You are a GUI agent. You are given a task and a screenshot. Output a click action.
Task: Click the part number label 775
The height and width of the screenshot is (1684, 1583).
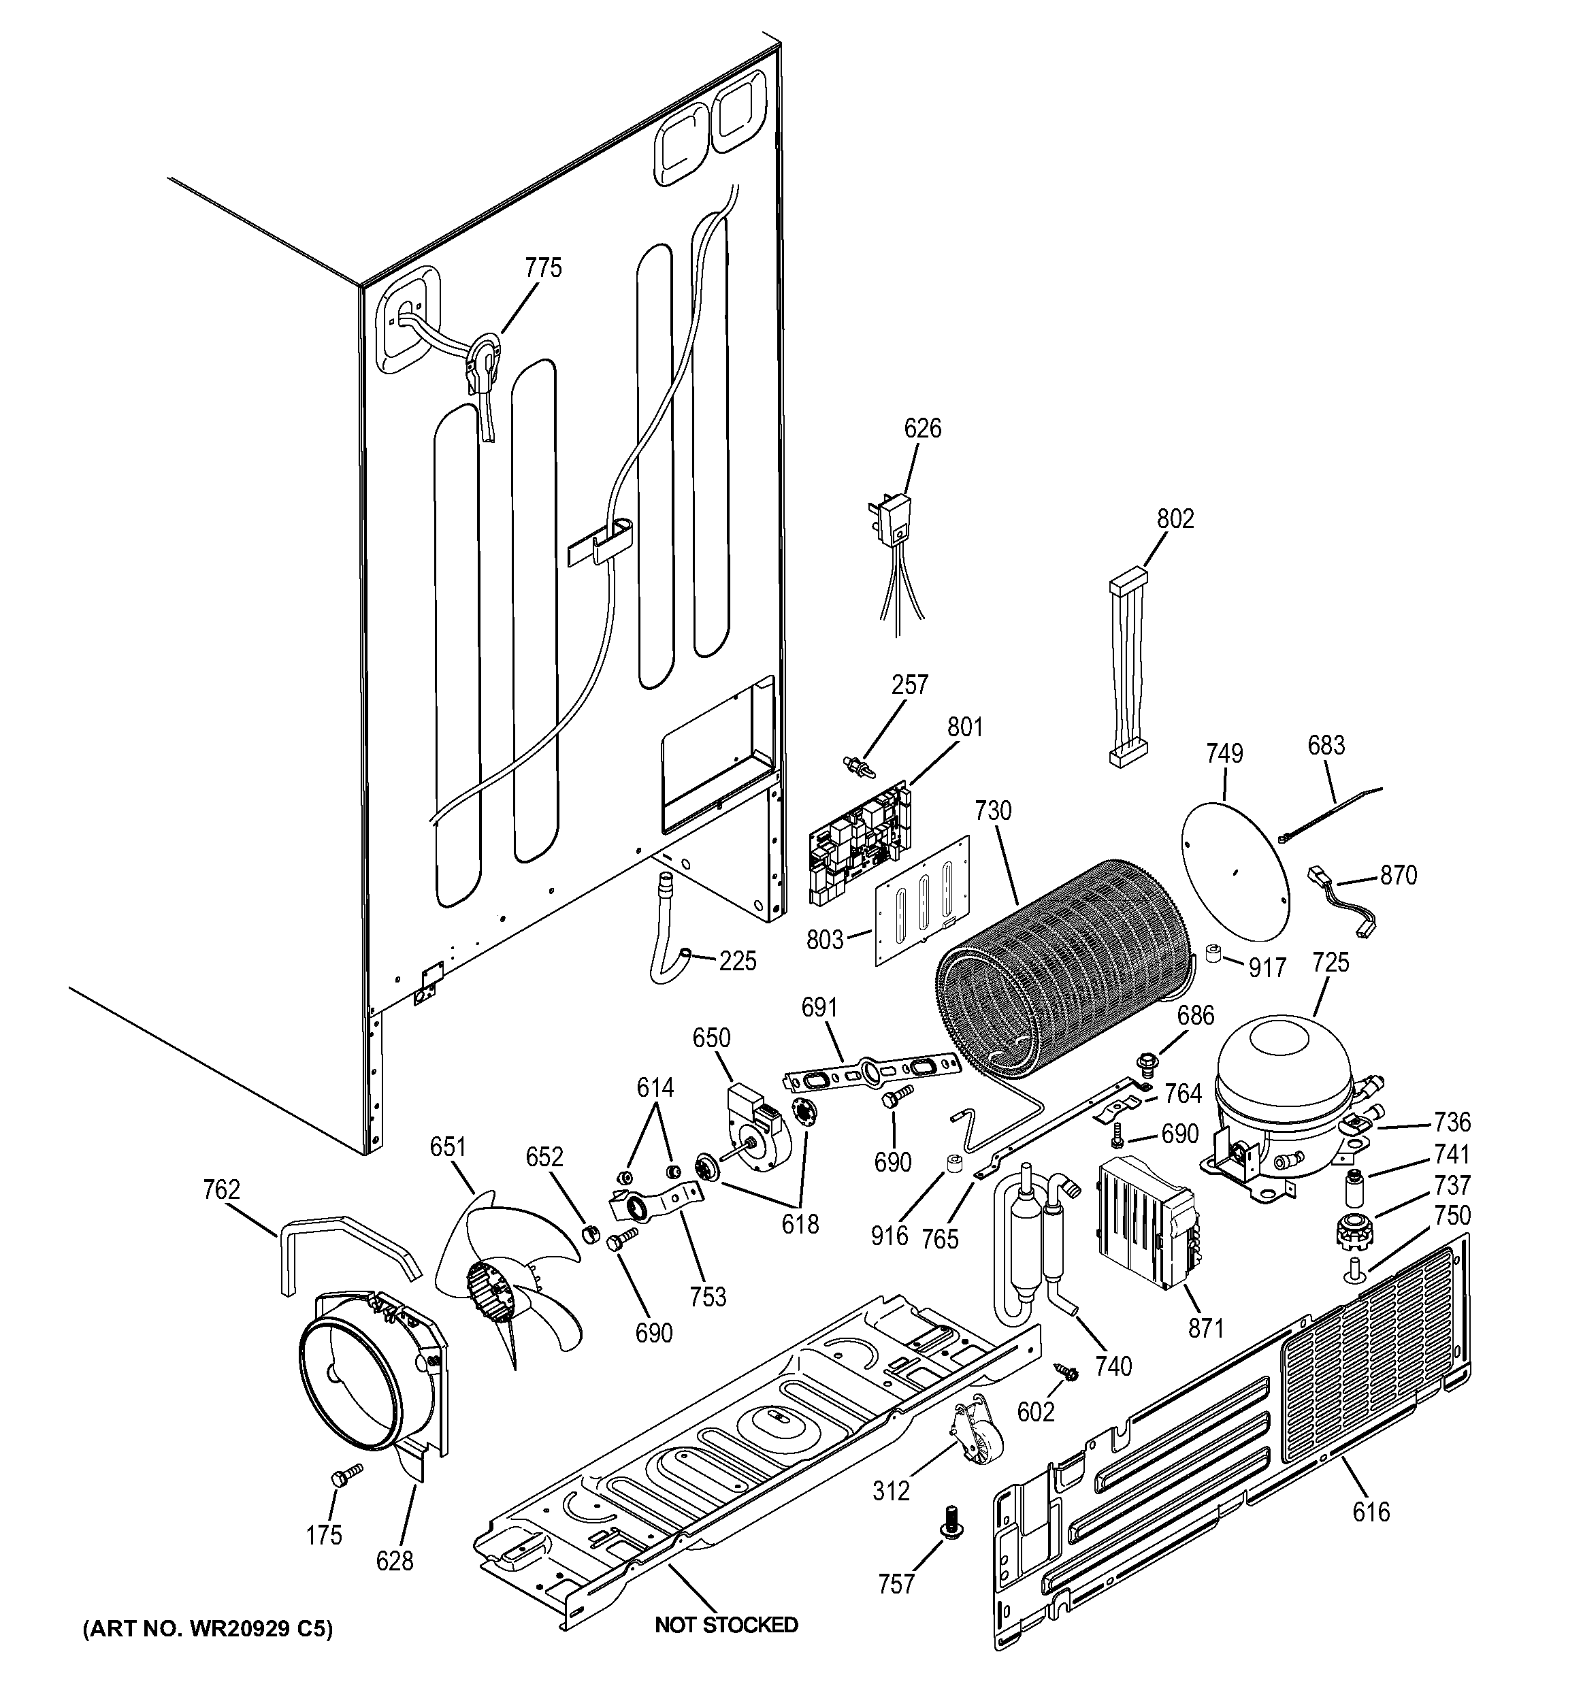point(543,269)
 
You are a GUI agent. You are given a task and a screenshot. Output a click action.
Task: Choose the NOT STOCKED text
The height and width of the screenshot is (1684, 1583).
point(726,1625)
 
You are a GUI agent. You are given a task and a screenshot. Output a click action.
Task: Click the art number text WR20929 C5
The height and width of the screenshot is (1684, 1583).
point(208,1629)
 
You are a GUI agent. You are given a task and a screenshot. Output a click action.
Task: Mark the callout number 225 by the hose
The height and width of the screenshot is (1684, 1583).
point(737,961)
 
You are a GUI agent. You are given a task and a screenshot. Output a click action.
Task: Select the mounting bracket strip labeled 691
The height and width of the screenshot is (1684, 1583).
point(873,1071)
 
